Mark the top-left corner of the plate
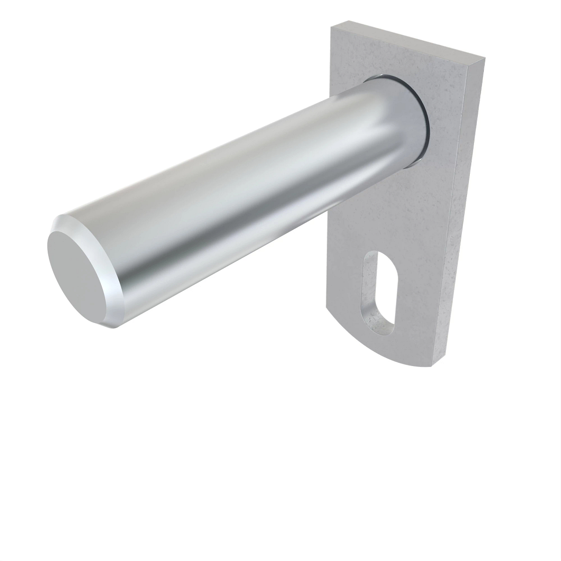[332, 27]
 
